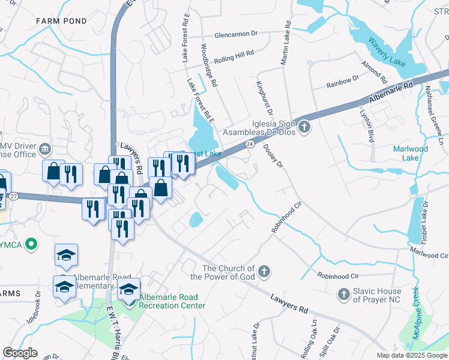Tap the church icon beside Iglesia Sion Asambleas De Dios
[305, 127]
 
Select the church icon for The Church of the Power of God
[263, 273]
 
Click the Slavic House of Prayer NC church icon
[343, 295]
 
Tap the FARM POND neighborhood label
[61, 21]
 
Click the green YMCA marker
[34, 245]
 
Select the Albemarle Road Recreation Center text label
[172, 301]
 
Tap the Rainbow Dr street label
[342, 82]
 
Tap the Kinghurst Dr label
[265, 99]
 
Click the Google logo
[20, 353]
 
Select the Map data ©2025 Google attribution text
[412, 355]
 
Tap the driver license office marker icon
[44, 148]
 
